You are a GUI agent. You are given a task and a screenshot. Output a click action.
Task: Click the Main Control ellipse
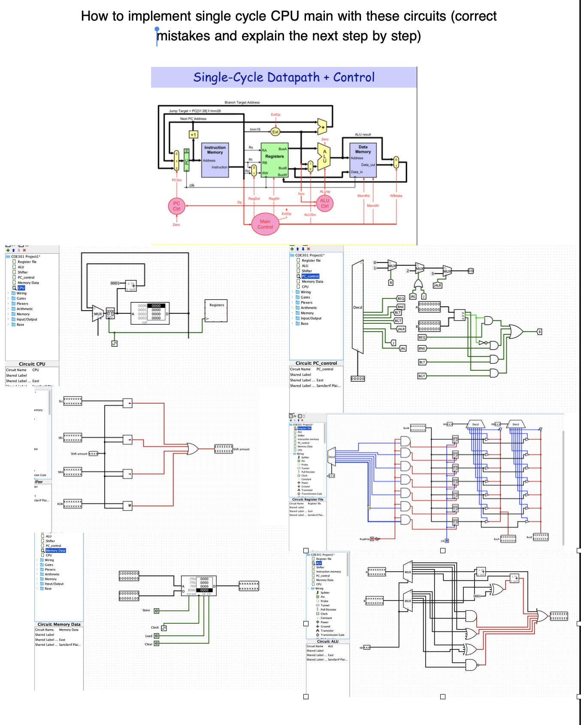[x=265, y=224]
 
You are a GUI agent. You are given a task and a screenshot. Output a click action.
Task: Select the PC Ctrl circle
[x=176, y=206]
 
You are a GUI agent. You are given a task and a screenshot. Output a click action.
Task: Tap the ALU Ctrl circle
[x=324, y=203]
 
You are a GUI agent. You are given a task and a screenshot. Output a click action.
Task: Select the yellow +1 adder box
[x=194, y=135]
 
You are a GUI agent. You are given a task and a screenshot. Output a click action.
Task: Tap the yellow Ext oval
[x=275, y=132]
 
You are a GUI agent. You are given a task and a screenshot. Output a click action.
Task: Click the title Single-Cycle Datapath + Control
[x=284, y=77]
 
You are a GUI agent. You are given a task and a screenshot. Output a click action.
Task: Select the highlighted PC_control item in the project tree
[x=310, y=276]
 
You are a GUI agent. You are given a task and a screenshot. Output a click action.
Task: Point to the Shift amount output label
[x=241, y=449]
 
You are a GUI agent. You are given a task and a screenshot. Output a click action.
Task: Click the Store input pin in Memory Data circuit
[x=157, y=610]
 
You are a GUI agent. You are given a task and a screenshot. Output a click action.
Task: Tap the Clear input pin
[x=157, y=644]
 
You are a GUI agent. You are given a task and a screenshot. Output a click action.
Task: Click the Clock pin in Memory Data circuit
[x=163, y=628]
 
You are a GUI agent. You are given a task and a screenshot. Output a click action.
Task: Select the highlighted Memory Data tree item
[x=55, y=550]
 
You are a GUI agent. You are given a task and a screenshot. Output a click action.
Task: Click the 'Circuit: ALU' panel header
[x=328, y=641]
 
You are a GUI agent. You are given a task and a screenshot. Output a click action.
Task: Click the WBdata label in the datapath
[x=396, y=196]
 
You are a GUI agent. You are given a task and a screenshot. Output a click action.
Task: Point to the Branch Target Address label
[x=242, y=103]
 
